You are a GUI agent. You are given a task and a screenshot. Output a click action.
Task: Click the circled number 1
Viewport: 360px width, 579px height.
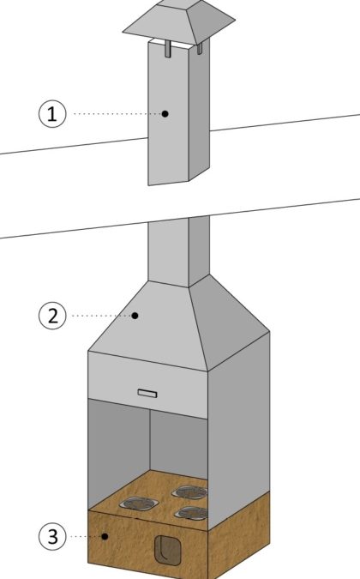pyautogui.click(x=52, y=114)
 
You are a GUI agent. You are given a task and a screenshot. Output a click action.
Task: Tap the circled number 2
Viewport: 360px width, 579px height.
pyautogui.click(x=52, y=316)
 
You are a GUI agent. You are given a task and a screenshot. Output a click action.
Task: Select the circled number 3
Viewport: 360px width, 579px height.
pyautogui.click(x=52, y=536)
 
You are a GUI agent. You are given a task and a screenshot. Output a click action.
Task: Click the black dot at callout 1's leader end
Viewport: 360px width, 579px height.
pyautogui.click(x=165, y=114)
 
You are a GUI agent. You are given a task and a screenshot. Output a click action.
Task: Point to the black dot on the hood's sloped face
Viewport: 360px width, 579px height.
pyautogui.click(x=135, y=316)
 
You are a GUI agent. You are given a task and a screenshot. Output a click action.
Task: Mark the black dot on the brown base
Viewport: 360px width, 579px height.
pyautogui.click(x=105, y=536)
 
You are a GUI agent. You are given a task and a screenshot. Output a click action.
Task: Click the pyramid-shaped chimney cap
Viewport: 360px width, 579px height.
pyautogui.click(x=179, y=21)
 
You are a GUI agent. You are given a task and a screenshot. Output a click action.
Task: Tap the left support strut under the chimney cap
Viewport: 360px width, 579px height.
pyautogui.click(x=168, y=48)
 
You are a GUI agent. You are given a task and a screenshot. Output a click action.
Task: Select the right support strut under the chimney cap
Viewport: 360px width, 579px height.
pyautogui.click(x=200, y=48)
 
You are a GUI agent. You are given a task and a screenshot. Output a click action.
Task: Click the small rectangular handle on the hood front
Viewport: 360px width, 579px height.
pyautogui.click(x=147, y=393)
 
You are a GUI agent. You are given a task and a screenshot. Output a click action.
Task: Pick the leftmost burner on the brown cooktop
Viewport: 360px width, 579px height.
pyautogui.click(x=139, y=504)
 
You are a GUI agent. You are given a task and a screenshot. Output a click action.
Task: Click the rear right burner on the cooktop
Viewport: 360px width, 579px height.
pyautogui.click(x=189, y=492)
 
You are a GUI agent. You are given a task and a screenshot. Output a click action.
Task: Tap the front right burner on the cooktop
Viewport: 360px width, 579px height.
pyautogui.click(x=191, y=513)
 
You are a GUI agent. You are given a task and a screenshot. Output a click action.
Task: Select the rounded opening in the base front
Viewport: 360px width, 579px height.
pyautogui.click(x=168, y=550)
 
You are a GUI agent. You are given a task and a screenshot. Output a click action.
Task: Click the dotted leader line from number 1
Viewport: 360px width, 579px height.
pyautogui.click(x=118, y=114)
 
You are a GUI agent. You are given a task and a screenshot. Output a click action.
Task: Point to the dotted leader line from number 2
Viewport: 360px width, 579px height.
pyautogui.click(x=102, y=316)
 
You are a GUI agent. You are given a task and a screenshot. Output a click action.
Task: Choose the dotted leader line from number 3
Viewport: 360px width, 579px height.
pyautogui.click(x=86, y=536)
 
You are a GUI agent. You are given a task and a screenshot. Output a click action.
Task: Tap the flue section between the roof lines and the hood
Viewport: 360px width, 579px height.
pyautogui.click(x=179, y=251)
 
